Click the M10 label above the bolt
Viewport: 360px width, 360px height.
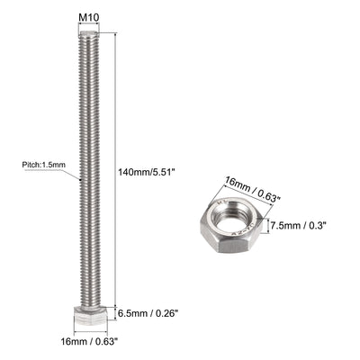pyautogui.click(x=88, y=16)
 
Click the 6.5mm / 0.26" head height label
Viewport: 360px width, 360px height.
pyautogui.click(x=150, y=313)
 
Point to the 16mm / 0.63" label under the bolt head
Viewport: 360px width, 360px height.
pyautogui.click(x=89, y=342)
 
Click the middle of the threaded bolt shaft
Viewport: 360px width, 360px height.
pyautogui.click(x=88, y=171)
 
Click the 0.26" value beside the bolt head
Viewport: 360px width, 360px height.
pyautogui.click(x=167, y=313)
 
